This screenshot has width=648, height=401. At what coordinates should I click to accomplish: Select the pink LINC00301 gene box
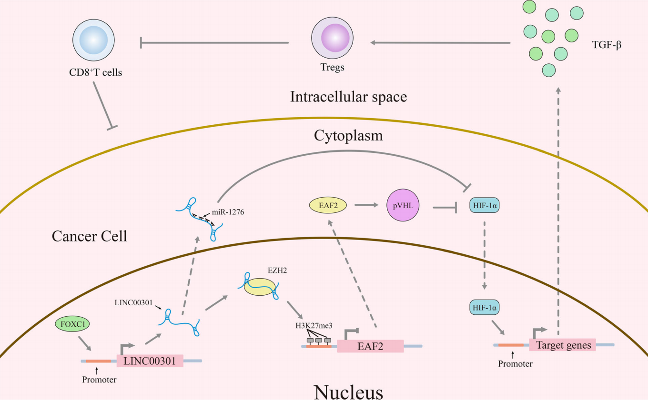pos(150,361)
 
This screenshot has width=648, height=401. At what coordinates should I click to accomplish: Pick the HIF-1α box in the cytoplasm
pos(485,205)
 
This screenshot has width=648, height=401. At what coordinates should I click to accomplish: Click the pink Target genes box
pos(563,345)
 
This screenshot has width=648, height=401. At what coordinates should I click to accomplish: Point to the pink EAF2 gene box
pos(370,346)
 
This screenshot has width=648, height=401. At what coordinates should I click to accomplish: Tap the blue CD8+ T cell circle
pos(93,42)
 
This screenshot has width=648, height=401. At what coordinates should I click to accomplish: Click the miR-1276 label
pos(229,212)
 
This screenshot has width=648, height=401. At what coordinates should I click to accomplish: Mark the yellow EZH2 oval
pos(260,285)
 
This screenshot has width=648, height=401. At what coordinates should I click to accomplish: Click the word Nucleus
pos(348,392)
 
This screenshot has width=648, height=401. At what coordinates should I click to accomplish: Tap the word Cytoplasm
pos(348,136)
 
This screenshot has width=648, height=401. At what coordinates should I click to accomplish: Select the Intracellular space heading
pos(348,97)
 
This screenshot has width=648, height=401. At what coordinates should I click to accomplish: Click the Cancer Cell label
pos(90,235)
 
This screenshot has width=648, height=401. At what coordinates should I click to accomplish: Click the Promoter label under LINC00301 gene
pos(99,380)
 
